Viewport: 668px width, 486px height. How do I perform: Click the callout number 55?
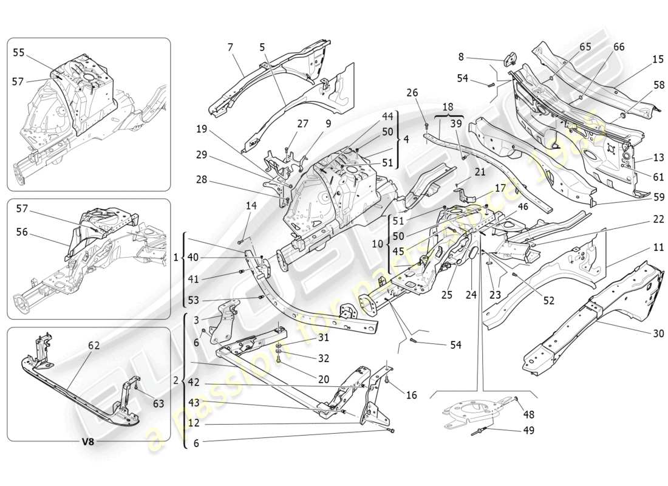(19, 53)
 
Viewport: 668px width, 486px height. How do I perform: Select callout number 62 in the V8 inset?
(94, 346)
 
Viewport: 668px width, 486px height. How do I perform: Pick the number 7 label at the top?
(230, 47)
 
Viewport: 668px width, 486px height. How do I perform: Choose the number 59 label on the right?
(642, 197)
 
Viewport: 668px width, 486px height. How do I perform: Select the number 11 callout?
(642, 248)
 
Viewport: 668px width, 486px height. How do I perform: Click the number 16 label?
(411, 395)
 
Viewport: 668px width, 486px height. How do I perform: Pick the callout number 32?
(323, 358)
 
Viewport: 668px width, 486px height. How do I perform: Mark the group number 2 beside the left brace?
(176, 380)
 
